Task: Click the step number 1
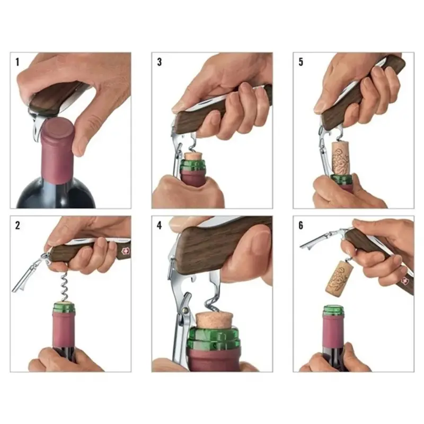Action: pyautogui.click(x=17, y=62)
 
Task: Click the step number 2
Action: pyautogui.click(x=17, y=225)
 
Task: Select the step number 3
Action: pyautogui.click(x=160, y=62)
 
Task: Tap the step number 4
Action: pyautogui.click(x=160, y=225)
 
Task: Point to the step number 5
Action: pyautogui.click(x=301, y=62)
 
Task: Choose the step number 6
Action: pyautogui.click(x=301, y=225)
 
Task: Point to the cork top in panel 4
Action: pyautogui.click(x=215, y=320)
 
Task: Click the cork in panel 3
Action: pyautogui.click(x=194, y=157)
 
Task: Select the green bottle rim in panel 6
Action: pyautogui.click(x=333, y=310)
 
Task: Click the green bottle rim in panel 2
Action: pyautogui.click(x=64, y=307)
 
